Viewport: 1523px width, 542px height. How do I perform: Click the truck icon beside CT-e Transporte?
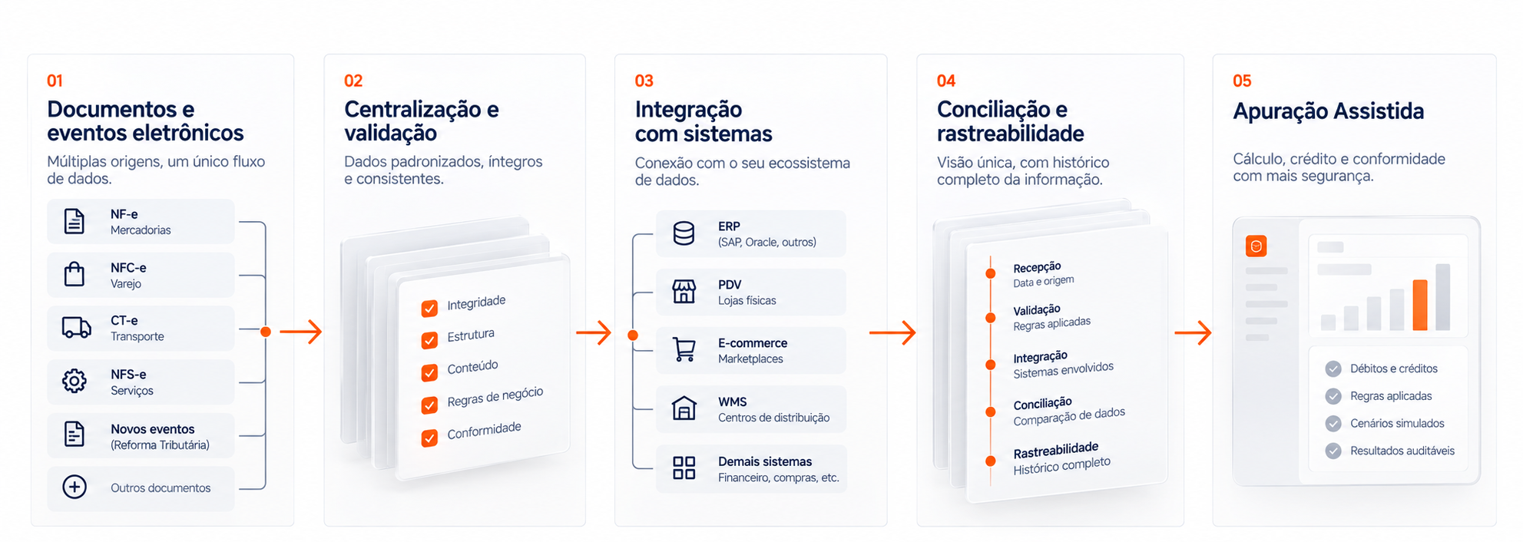pyautogui.click(x=76, y=328)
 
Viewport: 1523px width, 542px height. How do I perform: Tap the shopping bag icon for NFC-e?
pyautogui.click(x=74, y=274)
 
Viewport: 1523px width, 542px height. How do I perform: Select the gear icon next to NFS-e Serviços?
pyautogui.click(x=74, y=381)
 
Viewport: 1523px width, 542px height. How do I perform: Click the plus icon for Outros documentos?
pyautogui.click(x=74, y=487)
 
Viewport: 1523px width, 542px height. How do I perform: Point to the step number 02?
pyautogui.click(x=353, y=81)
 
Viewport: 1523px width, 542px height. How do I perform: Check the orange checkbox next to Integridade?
pyautogui.click(x=429, y=308)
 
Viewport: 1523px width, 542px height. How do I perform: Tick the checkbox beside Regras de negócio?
pyautogui.click(x=429, y=405)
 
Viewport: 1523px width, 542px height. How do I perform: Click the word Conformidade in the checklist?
pyautogui.click(x=484, y=431)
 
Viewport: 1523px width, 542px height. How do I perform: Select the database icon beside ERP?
pyautogui.click(x=684, y=233)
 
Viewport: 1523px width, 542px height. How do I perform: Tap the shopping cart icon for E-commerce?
pyautogui.click(x=684, y=349)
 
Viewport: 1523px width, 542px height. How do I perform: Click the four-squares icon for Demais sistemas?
pyautogui.click(x=684, y=468)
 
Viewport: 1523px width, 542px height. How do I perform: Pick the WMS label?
pyautogui.click(x=732, y=402)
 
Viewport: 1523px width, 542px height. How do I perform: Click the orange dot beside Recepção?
pyautogui.click(x=991, y=273)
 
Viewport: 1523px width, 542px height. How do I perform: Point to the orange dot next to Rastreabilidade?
pyautogui.click(x=991, y=461)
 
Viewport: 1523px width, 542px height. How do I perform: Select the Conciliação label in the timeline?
pyautogui.click(x=1042, y=404)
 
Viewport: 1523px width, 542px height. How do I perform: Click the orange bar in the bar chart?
pyautogui.click(x=1420, y=305)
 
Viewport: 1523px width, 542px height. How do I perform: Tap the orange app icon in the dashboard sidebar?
pyautogui.click(x=1256, y=246)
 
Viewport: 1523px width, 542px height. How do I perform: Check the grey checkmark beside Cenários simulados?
pyautogui.click(x=1333, y=424)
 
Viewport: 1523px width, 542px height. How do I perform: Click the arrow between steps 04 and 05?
pyautogui.click(x=1193, y=332)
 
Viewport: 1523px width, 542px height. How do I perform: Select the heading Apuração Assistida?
pyautogui.click(x=1328, y=111)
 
